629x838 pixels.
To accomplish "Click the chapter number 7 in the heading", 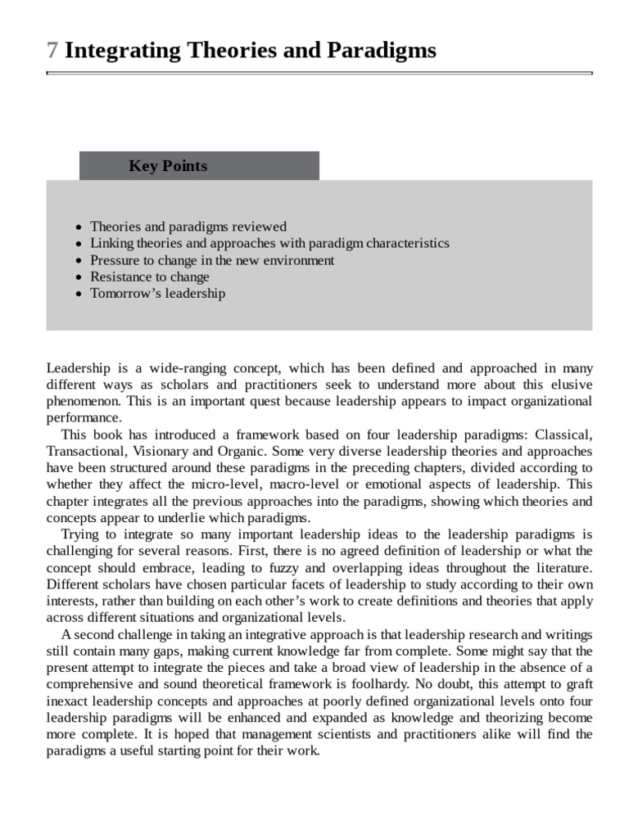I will pos(52,51).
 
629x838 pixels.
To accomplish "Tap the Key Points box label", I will pos(168,166).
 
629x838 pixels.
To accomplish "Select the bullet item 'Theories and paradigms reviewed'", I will pos(188,227).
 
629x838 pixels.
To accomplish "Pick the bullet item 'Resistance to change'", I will pos(150,277).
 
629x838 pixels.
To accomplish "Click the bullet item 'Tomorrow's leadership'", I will pos(157,293).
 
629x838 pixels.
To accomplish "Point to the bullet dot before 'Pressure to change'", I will pos(78,261).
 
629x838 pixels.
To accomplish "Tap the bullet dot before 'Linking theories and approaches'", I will pos(78,244).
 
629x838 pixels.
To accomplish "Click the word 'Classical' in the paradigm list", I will pos(563,435).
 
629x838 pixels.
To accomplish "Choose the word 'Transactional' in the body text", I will pos(85,451).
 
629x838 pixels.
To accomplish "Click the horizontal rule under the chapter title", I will pos(319,73).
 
